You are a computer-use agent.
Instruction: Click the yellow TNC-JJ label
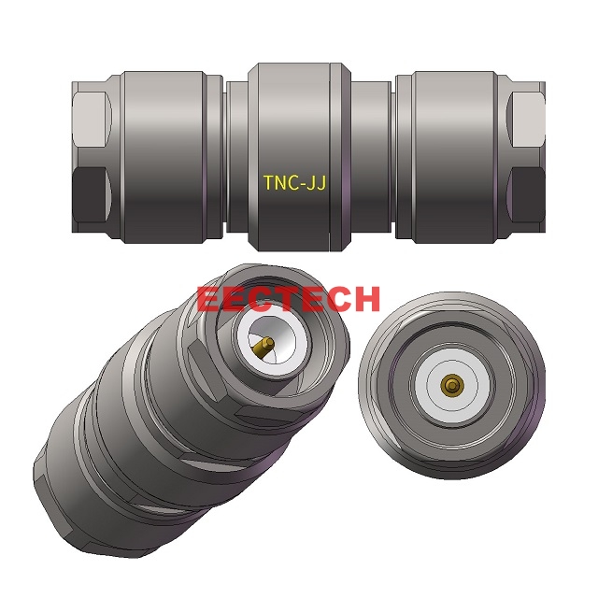[x=293, y=183]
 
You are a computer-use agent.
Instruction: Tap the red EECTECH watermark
[x=289, y=299]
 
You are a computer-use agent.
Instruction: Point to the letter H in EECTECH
[x=363, y=299]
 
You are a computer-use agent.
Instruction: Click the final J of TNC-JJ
[x=320, y=183]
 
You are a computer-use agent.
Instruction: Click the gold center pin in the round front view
[x=453, y=385]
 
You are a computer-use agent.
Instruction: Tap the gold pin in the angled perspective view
[x=263, y=349]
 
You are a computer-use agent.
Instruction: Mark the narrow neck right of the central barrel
[x=371, y=154]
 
